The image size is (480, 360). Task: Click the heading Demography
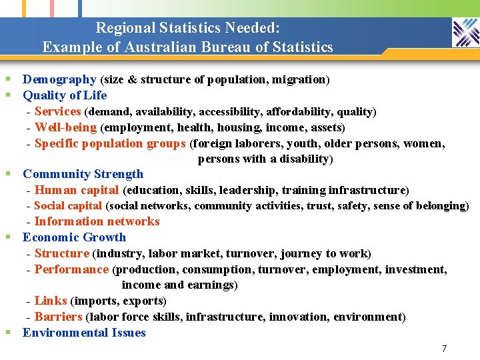point(60,79)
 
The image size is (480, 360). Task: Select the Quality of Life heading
point(65,95)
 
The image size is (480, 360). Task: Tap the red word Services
point(58,111)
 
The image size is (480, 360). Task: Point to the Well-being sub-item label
point(66,127)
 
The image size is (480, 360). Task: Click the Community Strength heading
point(83,174)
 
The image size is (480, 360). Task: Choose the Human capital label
point(77,190)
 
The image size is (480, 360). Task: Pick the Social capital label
point(68,206)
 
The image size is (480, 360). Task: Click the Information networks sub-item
point(97,221)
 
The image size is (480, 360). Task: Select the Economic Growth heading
point(75,237)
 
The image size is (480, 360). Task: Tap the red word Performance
point(71,269)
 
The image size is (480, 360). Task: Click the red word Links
point(51,301)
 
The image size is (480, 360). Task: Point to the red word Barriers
point(59,317)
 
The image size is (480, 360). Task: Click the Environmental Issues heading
point(84,333)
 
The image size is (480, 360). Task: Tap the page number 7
point(445,349)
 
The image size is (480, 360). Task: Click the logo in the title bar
point(466,32)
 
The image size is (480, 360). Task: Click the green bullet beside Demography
point(8,79)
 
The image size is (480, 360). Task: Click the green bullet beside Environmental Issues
point(8,332)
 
